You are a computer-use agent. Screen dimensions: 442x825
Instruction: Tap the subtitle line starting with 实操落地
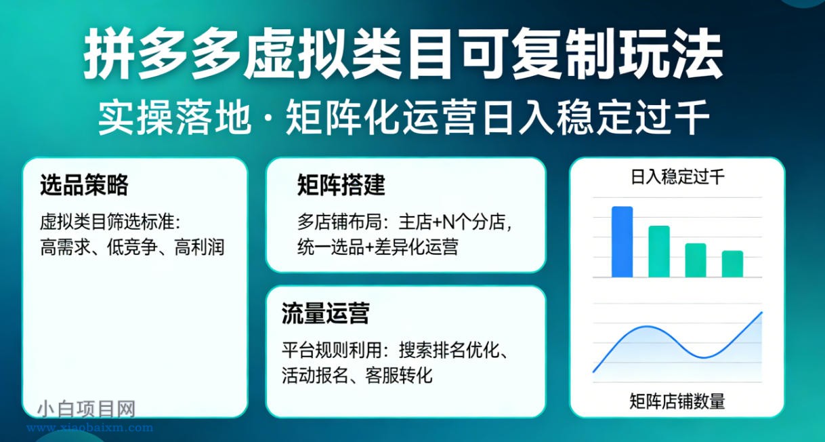tap(404, 119)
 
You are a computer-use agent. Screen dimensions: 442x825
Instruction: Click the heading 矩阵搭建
tap(341, 185)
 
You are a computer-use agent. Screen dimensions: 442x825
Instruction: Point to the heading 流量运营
tap(325, 314)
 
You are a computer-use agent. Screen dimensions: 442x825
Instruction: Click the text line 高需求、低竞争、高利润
tap(132, 247)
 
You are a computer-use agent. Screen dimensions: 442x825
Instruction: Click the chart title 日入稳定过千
tap(677, 178)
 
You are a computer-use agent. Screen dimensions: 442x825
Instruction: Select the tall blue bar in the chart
tap(622, 242)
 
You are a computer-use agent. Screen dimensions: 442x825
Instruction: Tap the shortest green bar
tap(732, 264)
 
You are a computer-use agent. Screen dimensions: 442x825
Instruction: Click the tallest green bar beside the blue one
tap(659, 252)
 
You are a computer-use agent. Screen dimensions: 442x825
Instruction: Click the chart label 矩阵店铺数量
tap(677, 401)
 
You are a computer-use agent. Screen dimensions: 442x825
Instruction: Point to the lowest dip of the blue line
tap(704, 357)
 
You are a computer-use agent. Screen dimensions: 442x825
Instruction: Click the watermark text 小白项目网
tap(87, 409)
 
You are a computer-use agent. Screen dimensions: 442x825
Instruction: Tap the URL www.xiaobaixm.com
tap(89, 428)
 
